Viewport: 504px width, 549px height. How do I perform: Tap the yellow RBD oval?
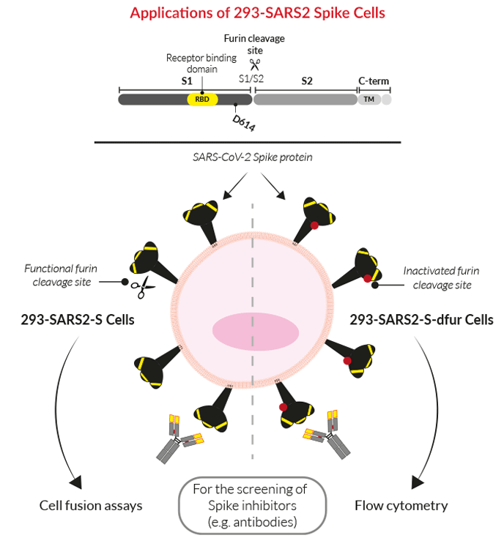coord(203,99)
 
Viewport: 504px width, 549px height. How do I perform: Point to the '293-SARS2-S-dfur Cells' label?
coord(420,319)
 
